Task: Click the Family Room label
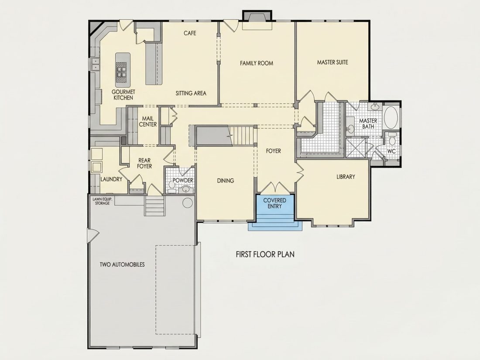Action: click(x=256, y=63)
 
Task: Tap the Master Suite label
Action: click(x=333, y=62)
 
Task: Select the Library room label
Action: click(x=346, y=177)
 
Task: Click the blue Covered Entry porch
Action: click(x=274, y=211)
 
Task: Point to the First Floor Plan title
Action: click(x=265, y=254)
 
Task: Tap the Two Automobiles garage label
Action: click(x=122, y=264)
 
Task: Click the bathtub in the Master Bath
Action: click(x=391, y=117)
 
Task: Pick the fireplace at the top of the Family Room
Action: click(x=257, y=21)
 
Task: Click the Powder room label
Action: click(x=183, y=180)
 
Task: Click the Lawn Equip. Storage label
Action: click(x=102, y=201)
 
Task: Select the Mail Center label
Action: click(x=148, y=122)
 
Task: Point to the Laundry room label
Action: click(x=111, y=179)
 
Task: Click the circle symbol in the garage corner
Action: click(x=187, y=202)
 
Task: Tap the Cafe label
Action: click(x=190, y=33)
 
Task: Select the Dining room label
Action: click(x=226, y=181)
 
